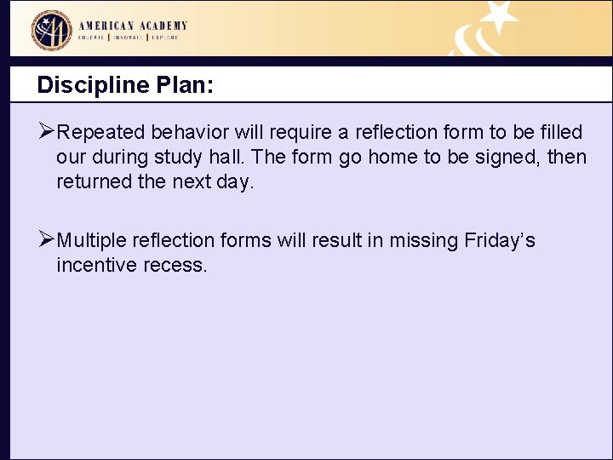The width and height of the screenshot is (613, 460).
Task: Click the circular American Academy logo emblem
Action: pyautogui.click(x=52, y=31)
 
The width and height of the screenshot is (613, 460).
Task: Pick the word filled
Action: pyautogui.click(x=559, y=133)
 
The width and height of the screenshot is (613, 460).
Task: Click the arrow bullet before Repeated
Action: pyautogui.click(x=47, y=132)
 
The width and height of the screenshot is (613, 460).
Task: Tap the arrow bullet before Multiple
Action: pyautogui.click(x=47, y=240)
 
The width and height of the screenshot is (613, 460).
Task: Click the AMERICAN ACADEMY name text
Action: pyautogui.click(x=133, y=26)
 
